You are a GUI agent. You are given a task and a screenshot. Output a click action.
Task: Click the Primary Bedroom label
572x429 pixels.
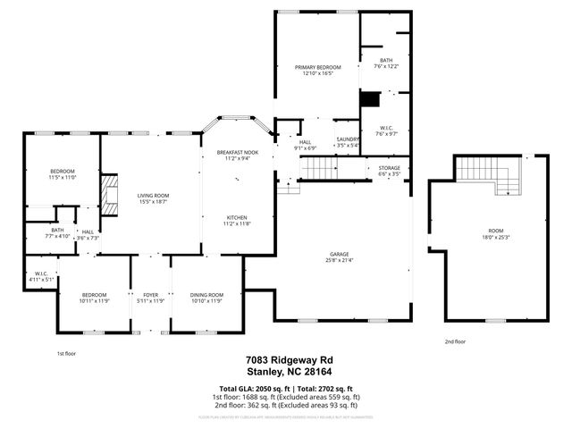tap(317, 67)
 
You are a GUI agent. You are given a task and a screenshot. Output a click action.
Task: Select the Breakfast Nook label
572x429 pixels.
tap(237, 154)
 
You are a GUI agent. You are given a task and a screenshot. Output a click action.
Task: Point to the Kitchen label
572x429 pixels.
tap(237, 218)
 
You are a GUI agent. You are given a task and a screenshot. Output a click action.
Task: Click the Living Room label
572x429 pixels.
tap(153, 196)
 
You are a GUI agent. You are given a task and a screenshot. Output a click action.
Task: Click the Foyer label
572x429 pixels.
tap(150, 295)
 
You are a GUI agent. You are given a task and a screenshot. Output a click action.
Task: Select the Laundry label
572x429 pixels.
tap(348, 139)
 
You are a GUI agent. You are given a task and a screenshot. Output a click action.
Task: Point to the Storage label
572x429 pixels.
tap(389, 168)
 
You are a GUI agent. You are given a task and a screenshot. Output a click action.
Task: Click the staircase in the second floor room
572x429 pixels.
tap(488, 174)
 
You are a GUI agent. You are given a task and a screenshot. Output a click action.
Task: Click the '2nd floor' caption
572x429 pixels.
tap(455, 341)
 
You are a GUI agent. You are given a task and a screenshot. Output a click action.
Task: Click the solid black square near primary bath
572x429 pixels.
tap(369, 99)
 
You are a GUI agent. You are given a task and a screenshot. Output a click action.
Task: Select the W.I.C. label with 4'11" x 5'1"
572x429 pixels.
tap(41, 273)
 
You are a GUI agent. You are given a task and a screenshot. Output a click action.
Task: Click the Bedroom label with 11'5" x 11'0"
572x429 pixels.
tap(62, 172)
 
